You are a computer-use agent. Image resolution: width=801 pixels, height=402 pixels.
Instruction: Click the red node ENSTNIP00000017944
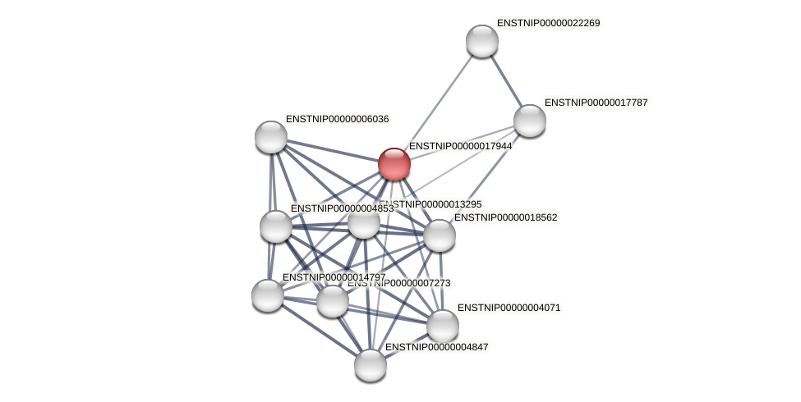point(394,164)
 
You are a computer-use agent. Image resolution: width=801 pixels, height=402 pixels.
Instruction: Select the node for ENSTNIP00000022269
point(482,41)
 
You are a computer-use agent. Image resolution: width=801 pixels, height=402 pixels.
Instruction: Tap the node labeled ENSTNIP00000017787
point(530,121)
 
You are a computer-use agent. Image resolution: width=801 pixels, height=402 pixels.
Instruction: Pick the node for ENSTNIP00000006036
point(271,137)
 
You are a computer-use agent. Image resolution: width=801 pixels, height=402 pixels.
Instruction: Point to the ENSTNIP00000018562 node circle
point(440,235)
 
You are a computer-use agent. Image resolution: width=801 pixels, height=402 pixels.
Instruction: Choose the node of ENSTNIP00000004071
point(443,326)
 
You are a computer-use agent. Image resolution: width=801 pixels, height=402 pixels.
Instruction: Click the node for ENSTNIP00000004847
point(371,365)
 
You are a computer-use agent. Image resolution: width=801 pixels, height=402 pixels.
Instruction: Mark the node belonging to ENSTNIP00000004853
point(276,226)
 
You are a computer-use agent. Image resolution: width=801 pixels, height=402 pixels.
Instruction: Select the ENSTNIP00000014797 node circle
point(268,295)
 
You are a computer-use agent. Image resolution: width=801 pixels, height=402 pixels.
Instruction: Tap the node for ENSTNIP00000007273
point(333,301)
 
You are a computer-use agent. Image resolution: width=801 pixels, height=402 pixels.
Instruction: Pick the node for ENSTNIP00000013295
point(364,222)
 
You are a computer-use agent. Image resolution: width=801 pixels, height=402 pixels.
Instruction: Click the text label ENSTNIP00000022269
point(548,23)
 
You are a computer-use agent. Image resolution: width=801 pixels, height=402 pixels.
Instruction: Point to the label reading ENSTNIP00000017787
point(596,103)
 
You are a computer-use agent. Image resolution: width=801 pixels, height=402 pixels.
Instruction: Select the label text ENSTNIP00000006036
point(337,119)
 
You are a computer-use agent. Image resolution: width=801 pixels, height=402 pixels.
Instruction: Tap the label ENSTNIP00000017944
point(460,146)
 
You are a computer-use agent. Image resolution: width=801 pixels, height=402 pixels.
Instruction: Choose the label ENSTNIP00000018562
point(505,217)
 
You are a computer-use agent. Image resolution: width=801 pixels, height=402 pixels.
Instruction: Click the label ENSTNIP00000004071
point(509,308)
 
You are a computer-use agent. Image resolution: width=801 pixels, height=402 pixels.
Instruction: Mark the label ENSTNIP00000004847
point(436,347)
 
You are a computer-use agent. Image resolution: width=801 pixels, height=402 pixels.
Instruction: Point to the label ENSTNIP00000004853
point(342,208)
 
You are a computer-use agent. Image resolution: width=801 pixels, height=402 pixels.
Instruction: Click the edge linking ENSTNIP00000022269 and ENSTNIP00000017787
point(506,80)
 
